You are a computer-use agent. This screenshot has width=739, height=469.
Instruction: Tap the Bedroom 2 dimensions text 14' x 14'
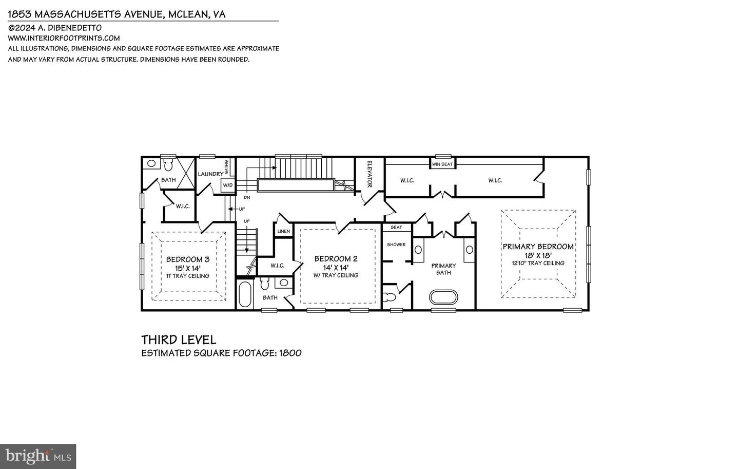[336, 267]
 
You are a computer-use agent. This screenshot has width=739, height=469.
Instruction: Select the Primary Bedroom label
[538, 247]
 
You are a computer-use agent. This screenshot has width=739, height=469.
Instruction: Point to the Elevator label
[368, 174]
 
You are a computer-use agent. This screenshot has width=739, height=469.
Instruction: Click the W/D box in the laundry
[227, 185]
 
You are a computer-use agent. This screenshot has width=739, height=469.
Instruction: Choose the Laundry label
[210, 174]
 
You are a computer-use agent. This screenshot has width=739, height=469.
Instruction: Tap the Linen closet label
[283, 231]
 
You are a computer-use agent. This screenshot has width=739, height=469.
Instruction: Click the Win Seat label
[442, 164]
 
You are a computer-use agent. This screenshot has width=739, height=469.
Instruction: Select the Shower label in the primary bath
[396, 245]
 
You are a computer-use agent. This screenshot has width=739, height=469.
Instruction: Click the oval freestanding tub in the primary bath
[443, 297]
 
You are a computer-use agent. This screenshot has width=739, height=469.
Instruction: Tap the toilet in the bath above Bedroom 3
[168, 164]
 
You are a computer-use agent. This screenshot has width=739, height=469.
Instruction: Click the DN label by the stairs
[247, 197]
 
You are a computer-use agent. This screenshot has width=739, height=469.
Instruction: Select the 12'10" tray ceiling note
[538, 263]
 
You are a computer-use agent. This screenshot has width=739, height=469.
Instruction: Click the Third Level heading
[179, 340]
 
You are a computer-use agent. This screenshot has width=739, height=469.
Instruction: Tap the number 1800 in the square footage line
[290, 353]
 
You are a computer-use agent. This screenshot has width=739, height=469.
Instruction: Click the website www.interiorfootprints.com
[64, 38]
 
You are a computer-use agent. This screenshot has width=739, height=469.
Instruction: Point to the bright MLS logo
[38, 456]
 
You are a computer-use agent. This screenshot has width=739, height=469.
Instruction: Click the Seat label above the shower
[396, 227]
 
